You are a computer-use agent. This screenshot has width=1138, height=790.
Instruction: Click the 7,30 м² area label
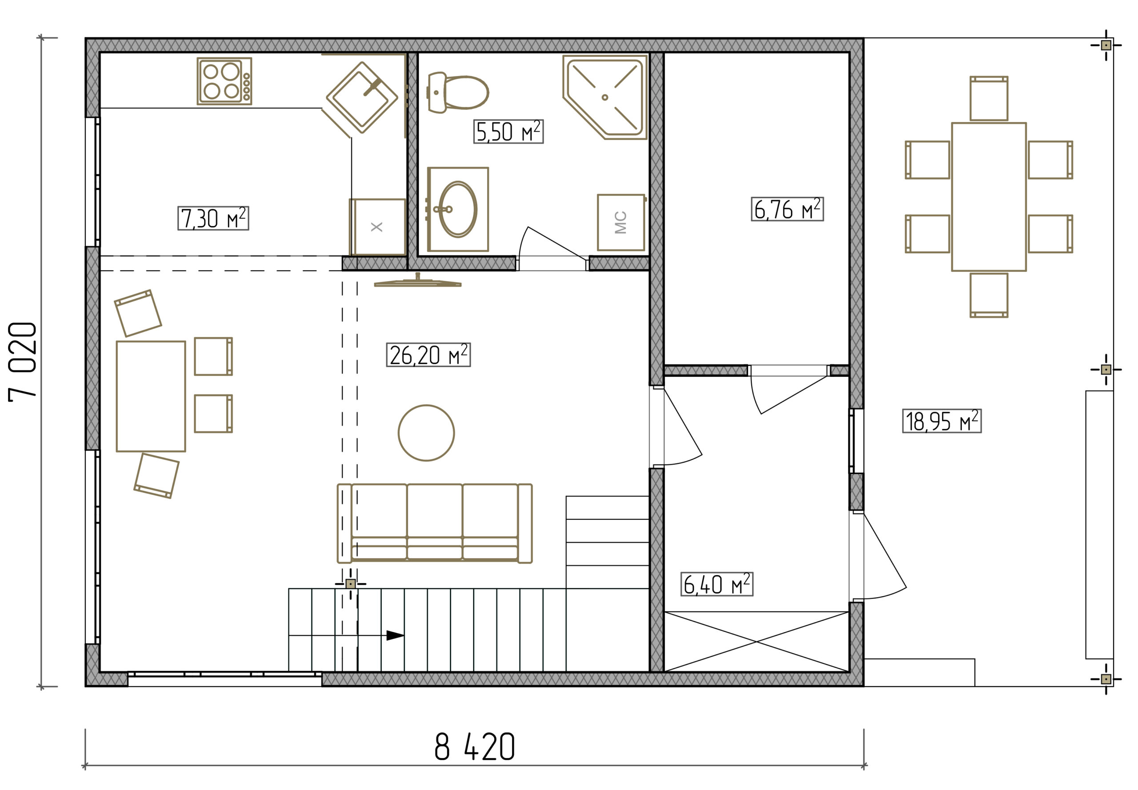tap(213, 218)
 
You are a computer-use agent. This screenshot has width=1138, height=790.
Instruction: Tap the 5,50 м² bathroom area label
tap(508, 131)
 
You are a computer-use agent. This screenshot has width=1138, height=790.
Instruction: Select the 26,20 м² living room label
tap(429, 355)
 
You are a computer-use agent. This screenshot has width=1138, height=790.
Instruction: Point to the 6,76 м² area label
tap(787, 208)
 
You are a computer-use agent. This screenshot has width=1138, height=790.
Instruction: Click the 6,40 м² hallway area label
tap(717, 584)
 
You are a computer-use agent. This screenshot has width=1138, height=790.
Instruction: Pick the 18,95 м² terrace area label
tap(942, 421)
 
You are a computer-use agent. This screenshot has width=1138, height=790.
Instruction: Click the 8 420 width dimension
tap(474, 747)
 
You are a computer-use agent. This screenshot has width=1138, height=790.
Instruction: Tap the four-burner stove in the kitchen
tap(224, 81)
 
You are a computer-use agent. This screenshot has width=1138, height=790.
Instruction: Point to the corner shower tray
tap(605, 97)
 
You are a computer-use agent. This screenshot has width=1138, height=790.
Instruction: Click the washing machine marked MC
tap(621, 222)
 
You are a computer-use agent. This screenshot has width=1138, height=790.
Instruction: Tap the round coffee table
tap(426, 433)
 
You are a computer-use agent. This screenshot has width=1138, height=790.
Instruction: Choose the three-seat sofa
tap(434, 523)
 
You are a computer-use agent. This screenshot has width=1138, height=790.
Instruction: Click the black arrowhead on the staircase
tap(395, 635)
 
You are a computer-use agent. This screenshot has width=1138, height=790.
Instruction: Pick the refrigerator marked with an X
tap(377, 227)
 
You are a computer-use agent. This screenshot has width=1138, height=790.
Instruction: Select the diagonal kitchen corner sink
tap(362, 97)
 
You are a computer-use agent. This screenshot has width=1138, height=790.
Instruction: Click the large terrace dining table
tap(989, 196)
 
